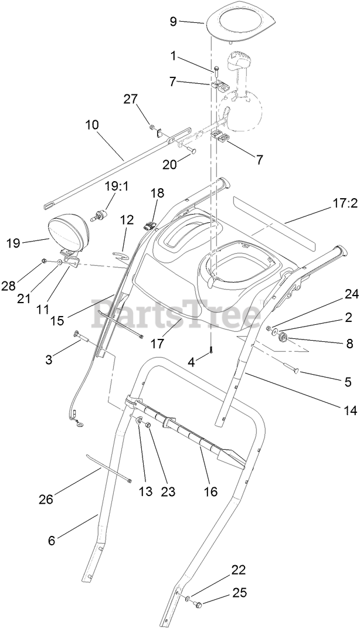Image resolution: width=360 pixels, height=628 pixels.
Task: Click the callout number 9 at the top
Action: pos(173,22)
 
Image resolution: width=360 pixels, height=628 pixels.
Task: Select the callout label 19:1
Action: pos(116,186)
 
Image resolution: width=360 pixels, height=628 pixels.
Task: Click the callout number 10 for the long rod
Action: pos(91,125)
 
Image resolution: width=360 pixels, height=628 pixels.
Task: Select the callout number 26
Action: pos(46,499)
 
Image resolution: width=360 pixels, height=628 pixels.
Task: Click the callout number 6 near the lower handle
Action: pos(51,540)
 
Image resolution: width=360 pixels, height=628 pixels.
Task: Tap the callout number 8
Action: pos(349,344)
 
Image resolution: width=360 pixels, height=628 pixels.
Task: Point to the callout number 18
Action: pos(157,193)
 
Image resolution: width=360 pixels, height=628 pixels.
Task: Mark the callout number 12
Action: pos(127,220)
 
